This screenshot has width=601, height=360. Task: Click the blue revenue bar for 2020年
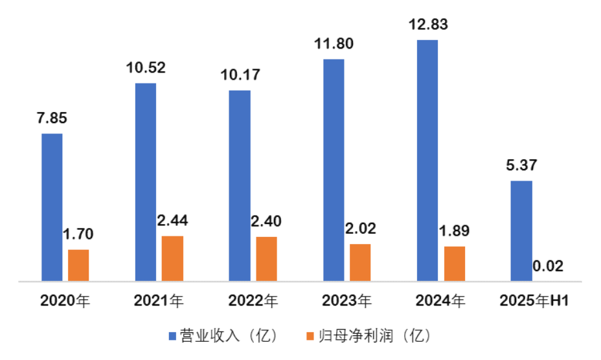pyautogui.click(x=52, y=207)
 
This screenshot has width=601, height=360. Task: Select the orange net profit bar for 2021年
pyautogui.click(x=172, y=258)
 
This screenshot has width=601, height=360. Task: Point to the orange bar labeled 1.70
pyautogui.click(x=78, y=265)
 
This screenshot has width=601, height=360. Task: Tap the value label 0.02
pyautogui.click(x=548, y=265)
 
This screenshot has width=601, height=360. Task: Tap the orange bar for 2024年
pyautogui.click(x=454, y=264)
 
